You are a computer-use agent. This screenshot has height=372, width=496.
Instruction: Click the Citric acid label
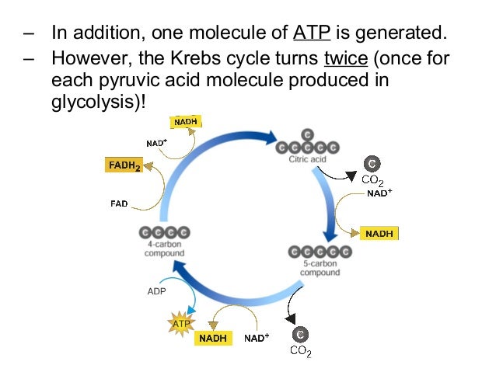(309, 160)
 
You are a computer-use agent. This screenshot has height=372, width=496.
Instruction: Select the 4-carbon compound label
(164, 249)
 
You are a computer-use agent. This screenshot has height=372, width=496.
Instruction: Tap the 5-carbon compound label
(320, 267)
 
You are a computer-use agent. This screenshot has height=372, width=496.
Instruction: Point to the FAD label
(119, 204)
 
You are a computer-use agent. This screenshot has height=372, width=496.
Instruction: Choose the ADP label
(157, 292)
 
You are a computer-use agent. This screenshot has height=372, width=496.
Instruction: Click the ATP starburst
(180, 322)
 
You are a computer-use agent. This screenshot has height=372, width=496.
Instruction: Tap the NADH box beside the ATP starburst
(213, 339)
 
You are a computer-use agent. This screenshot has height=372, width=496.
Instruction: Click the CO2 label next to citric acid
(373, 181)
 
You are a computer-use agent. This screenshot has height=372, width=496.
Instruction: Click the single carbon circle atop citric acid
(309, 134)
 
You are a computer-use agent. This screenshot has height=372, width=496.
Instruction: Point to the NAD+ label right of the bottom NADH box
(257, 339)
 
